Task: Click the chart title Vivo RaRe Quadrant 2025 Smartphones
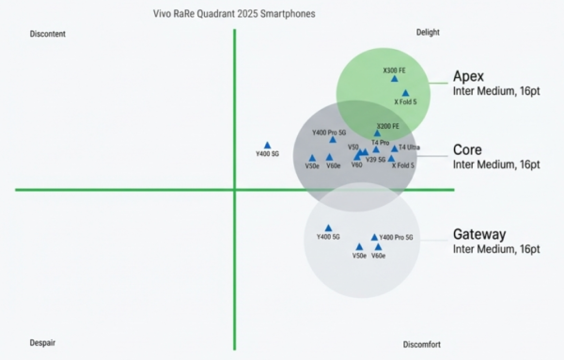point(233,14)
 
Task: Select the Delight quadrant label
point(428,33)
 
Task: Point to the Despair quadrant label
point(42,343)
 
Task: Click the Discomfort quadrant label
point(421,344)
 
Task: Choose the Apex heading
point(468,76)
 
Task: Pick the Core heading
point(467,149)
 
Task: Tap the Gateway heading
point(479,234)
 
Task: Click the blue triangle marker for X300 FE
point(395,80)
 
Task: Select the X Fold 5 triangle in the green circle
point(405,93)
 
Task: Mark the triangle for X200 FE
point(378,133)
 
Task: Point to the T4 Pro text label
point(380,142)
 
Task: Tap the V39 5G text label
point(376,160)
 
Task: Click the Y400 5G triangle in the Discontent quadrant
point(268,145)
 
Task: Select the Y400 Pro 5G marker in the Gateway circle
point(374,237)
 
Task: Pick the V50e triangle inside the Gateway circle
point(359,246)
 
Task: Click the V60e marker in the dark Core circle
point(329,157)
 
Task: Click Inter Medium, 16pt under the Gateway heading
point(496,249)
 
